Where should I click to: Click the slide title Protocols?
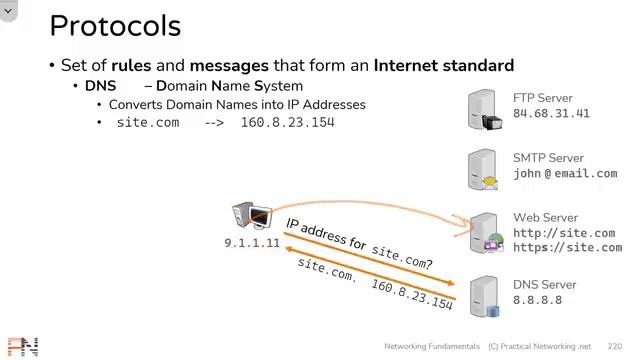pos(115,26)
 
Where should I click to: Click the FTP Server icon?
pos(485,110)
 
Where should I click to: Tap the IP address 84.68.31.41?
pos(551,114)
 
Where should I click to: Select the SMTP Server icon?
pos(485,170)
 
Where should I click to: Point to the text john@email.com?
pos(565,173)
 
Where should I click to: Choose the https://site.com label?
pos(567,247)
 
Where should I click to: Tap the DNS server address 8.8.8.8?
pos(538,300)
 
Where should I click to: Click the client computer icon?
pos(251,217)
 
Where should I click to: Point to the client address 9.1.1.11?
pos(252,243)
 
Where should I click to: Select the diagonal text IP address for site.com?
pos(360,243)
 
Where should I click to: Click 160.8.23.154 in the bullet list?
pos(287,122)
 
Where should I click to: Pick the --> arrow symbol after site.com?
pos(214,122)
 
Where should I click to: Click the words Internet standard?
pos(444,65)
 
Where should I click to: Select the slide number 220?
pos(614,345)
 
